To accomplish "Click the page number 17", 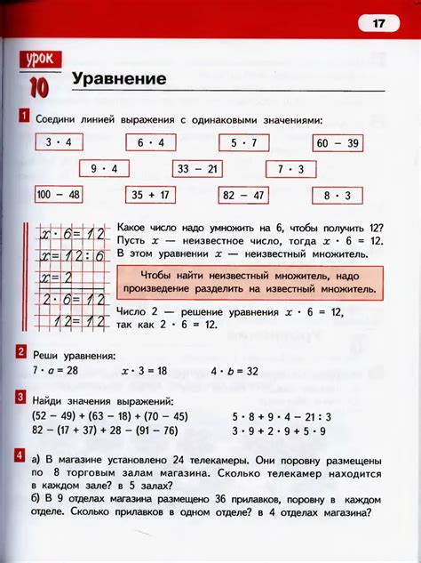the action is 378,24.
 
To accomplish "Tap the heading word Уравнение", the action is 119,78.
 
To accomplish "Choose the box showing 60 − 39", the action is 337,142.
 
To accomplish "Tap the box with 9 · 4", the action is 104,168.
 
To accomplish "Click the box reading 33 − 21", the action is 197,168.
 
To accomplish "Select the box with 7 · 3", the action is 290,168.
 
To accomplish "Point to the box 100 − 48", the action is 58,195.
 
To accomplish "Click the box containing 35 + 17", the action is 150,195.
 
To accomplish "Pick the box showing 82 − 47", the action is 242,195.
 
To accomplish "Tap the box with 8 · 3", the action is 337,195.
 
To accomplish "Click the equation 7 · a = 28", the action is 56,369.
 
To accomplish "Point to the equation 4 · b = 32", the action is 234,369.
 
